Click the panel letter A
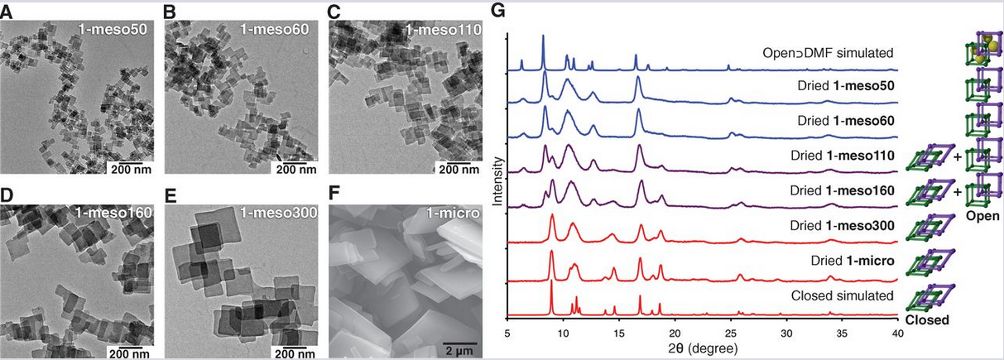8,12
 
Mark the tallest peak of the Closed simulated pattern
551,282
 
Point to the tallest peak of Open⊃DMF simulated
543,36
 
